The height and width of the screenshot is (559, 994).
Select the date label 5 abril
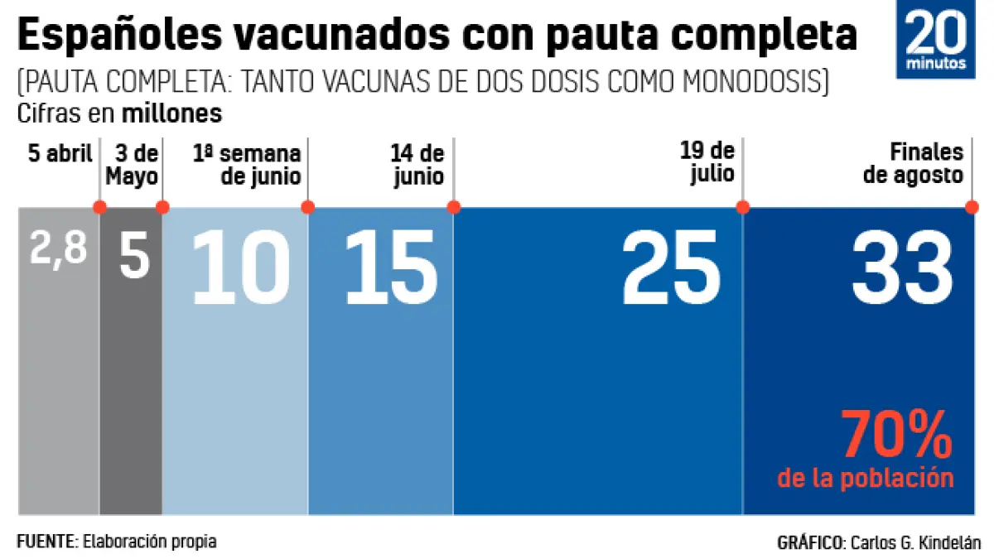(x=60, y=154)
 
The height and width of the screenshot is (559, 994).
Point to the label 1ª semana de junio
(x=248, y=165)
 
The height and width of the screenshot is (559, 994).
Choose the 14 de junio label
(x=417, y=165)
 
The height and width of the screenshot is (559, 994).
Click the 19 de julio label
(x=707, y=163)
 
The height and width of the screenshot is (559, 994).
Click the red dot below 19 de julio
(x=743, y=207)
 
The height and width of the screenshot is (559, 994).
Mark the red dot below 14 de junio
(x=454, y=207)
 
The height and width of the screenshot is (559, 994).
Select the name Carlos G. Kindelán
(x=914, y=543)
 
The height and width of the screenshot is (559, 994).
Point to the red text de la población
(x=866, y=478)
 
